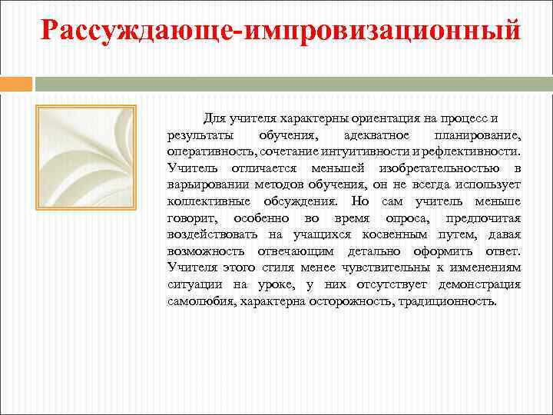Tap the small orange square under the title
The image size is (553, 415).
(17, 83)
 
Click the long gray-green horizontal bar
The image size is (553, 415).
(293, 83)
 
